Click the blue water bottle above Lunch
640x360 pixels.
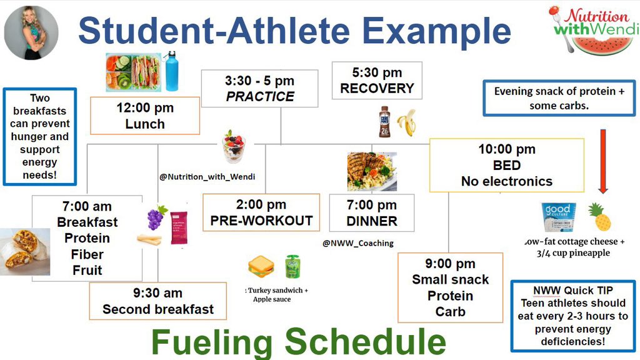click(171, 72)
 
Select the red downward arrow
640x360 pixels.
click(602, 161)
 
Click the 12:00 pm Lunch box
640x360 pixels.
click(145, 116)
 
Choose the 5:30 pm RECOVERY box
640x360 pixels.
click(377, 81)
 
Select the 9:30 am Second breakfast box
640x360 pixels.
click(158, 301)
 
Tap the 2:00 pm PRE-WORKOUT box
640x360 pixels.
click(261, 212)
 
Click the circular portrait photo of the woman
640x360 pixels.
click(31, 32)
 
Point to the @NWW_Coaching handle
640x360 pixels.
click(358, 243)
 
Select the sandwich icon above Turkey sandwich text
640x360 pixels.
click(261, 267)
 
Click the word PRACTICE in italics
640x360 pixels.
click(260, 97)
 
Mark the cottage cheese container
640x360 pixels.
click(558, 217)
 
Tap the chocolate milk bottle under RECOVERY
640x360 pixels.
click(384, 122)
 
